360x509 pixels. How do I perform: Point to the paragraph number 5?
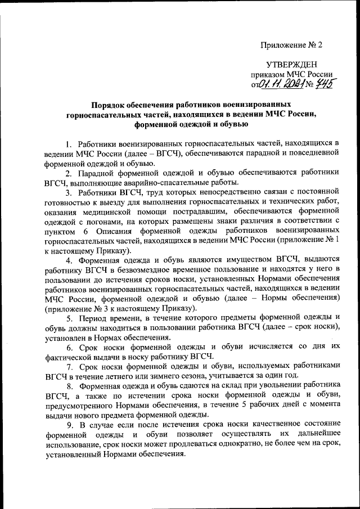tap(68, 318)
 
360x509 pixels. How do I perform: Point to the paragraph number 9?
tap(68, 425)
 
